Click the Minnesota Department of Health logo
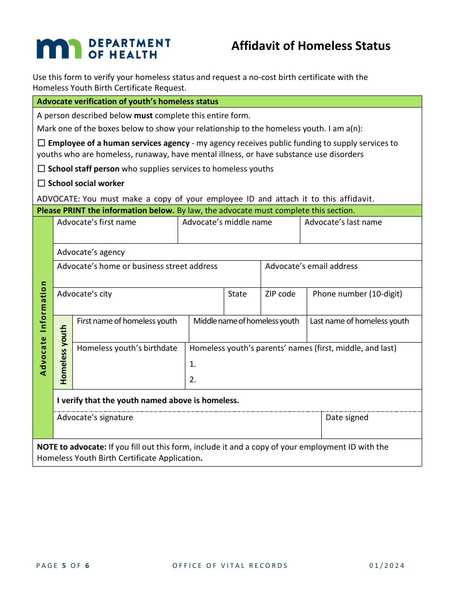pyautogui.click(x=103, y=49)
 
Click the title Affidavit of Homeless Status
pyautogui.click(x=311, y=46)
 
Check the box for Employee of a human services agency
pyautogui.click(x=41, y=143)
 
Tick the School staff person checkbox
pyautogui.click(x=41, y=169)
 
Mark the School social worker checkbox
pyautogui.click(x=41, y=184)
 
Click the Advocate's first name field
pyautogui.click(x=115, y=235)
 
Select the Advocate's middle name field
pyautogui.click(x=239, y=235)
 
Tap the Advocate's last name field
pyautogui.click(x=361, y=235)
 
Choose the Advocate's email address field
pyautogui.click(x=341, y=279)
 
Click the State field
pyautogui.click(x=242, y=306)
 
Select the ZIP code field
pyautogui.click(x=283, y=306)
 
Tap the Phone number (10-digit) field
pyautogui.click(x=364, y=306)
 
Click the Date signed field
pyautogui.click(x=371, y=429)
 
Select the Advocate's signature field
pyautogui.click(x=187, y=429)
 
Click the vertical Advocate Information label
pyautogui.click(x=43, y=328)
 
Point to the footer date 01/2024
pyautogui.click(x=386, y=565)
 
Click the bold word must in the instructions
pyautogui.click(x=143, y=116)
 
